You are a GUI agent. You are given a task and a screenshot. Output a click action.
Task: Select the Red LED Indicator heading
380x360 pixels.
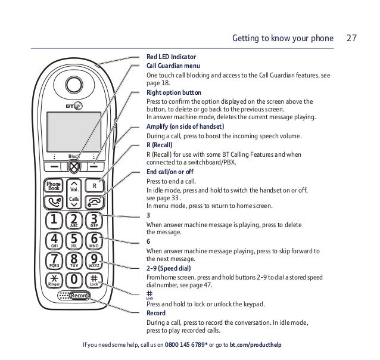click(x=171, y=57)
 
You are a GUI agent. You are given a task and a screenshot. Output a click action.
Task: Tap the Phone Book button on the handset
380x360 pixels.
click(x=54, y=187)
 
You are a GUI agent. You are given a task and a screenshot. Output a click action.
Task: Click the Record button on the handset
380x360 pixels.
click(x=78, y=296)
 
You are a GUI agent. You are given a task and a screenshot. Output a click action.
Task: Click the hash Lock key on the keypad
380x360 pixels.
click(x=94, y=280)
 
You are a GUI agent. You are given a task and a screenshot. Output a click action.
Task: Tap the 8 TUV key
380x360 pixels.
click(x=74, y=261)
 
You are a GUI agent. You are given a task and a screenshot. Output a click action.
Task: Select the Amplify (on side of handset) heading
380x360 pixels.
click(x=185, y=126)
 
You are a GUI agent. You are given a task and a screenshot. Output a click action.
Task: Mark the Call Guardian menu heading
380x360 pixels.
click(x=173, y=65)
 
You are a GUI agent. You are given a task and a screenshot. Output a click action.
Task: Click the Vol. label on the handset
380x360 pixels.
click(x=75, y=190)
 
